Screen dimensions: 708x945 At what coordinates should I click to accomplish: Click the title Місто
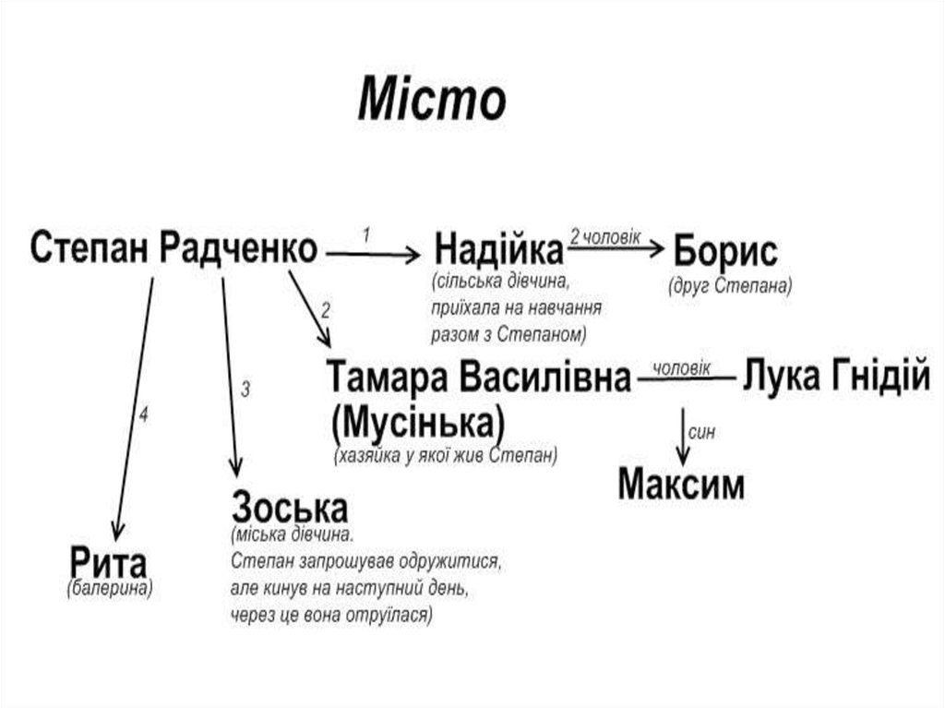(x=432, y=100)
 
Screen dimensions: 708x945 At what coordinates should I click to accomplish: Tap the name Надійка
(x=498, y=249)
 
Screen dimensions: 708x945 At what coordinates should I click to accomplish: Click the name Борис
(x=725, y=251)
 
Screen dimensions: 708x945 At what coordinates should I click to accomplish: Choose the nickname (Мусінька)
(x=418, y=423)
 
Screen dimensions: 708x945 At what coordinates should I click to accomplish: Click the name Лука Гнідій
(x=836, y=378)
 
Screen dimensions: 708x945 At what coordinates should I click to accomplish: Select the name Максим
(x=681, y=484)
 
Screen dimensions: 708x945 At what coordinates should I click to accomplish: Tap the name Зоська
(x=290, y=508)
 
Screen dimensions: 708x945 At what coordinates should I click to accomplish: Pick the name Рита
(x=108, y=562)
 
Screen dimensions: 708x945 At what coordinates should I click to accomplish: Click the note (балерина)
(x=110, y=588)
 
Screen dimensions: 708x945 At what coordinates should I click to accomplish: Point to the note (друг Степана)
(x=731, y=285)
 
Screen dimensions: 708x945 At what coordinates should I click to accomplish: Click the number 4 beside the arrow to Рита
(x=143, y=414)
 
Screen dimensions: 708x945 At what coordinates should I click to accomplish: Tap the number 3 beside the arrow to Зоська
(x=245, y=389)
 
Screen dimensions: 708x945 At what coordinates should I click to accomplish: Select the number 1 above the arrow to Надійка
(x=366, y=234)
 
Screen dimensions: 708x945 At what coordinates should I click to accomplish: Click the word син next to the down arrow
(x=702, y=431)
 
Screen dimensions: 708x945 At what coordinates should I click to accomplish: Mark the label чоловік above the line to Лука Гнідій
(x=682, y=367)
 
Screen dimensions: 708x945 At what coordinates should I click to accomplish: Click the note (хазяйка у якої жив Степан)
(x=446, y=456)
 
